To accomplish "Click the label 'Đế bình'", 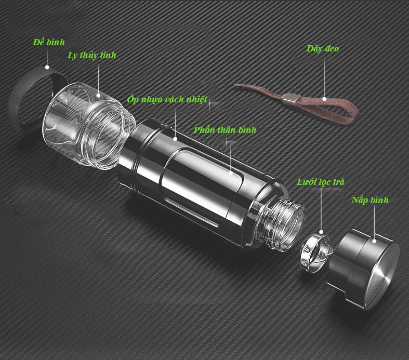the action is [x=48, y=42].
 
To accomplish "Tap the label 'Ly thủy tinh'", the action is [x=92, y=55].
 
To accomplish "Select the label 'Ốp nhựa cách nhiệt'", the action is [x=167, y=100].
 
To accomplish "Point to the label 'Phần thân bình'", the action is [x=225, y=130].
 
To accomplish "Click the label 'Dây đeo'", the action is [x=323, y=49].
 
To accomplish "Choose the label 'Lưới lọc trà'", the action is [x=321, y=182].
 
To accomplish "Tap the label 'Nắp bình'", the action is [x=370, y=200].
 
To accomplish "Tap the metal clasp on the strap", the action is [x=289, y=98].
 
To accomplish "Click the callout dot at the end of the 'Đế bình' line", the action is [x=47, y=67].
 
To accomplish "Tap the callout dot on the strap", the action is [x=324, y=99].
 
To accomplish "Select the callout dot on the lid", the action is [x=374, y=241].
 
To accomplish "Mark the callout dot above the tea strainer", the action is [x=321, y=232].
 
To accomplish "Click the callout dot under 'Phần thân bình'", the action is [x=231, y=172].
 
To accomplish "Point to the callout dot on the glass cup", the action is [x=98, y=96].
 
